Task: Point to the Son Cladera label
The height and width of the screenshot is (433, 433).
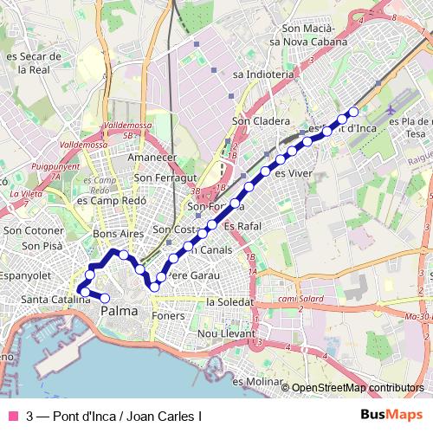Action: point(260,121)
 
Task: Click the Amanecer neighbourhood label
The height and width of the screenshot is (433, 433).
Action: point(152,158)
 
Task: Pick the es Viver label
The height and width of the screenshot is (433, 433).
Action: point(292,173)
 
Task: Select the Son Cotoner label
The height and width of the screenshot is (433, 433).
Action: point(34,230)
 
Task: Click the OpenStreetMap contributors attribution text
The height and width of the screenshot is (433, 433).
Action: point(358,388)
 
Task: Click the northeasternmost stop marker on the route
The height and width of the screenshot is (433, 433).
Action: point(352,112)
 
